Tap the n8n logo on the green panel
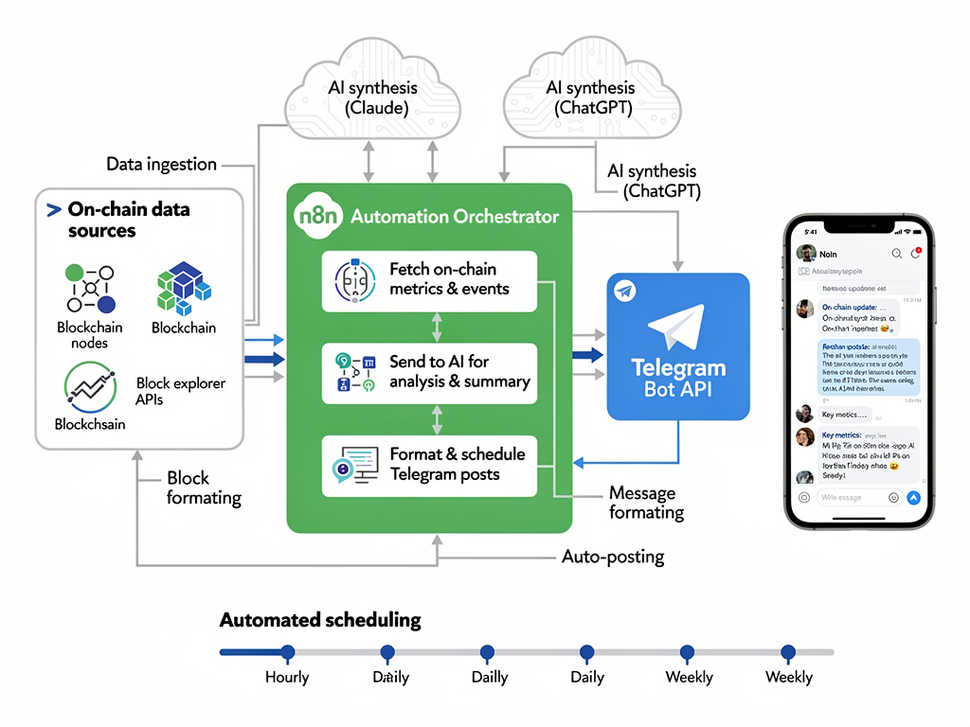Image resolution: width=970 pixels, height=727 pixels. pyautogui.click(x=317, y=216)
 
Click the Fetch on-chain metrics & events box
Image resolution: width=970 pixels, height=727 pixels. pyautogui.click(x=429, y=281)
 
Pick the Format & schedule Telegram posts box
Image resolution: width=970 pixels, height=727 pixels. pyautogui.click(x=429, y=465)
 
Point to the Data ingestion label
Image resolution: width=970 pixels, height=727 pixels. pyautogui.click(x=161, y=165)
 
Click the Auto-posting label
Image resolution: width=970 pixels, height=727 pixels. pyautogui.click(x=613, y=557)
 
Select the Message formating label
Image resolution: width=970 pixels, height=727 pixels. pyautogui.click(x=646, y=503)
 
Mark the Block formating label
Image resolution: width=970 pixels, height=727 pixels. pyautogui.click(x=204, y=488)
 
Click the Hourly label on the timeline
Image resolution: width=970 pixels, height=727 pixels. pyautogui.click(x=287, y=677)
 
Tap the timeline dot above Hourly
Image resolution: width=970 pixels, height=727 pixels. pyautogui.click(x=288, y=652)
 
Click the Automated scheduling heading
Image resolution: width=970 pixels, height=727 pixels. pyautogui.click(x=320, y=621)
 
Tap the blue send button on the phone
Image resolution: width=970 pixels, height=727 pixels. pyautogui.click(x=913, y=497)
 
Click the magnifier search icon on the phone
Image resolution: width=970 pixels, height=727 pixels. pyautogui.click(x=896, y=254)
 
